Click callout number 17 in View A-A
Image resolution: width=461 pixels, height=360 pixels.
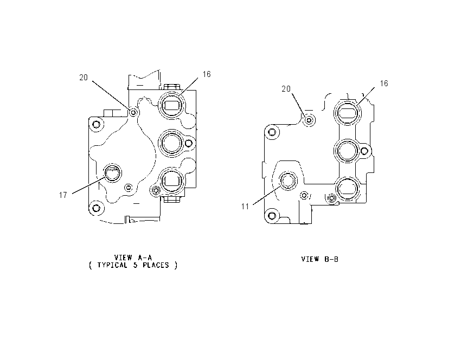click(x=63, y=195)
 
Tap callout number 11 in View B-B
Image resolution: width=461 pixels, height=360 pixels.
click(x=245, y=207)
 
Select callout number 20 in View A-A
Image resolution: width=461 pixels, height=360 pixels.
click(x=84, y=78)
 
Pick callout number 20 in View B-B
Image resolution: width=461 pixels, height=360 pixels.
click(x=286, y=89)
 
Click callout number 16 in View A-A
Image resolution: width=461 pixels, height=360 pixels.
click(x=207, y=74)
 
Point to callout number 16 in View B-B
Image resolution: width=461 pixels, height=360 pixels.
click(x=384, y=83)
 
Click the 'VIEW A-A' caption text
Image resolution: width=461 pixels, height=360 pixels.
click(x=133, y=258)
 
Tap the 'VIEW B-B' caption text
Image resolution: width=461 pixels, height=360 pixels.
click(x=320, y=259)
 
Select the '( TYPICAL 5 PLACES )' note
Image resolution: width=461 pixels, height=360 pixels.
click(x=133, y=265)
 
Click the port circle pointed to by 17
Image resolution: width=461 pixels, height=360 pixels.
click(x=113, y=173)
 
